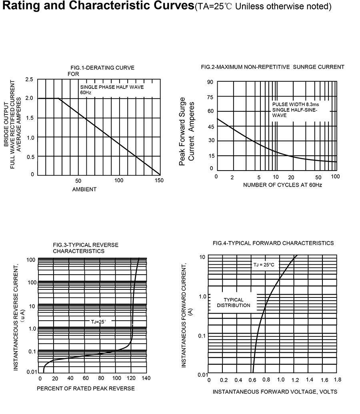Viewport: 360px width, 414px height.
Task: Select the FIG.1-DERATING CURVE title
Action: pyautogui.click(x=102, y=68)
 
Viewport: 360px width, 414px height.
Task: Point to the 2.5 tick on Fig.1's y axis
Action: pyautogui.click(x=29, y=79)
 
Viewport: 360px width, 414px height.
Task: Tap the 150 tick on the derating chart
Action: pyautogui.click(x=159, y=181)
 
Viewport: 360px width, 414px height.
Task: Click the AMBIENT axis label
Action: pyautogui.click(x=84, y=189)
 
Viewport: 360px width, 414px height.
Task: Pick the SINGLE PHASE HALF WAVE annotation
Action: pyautogui.click(x=112, y=87)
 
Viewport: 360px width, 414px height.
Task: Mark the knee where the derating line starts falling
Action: pyautogui.click(x=59, y=98)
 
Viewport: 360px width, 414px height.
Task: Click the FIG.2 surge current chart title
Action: pyautogui.click(x=272, y=67)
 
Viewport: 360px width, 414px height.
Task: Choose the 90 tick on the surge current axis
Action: pyautogui.click(x=210, y=82)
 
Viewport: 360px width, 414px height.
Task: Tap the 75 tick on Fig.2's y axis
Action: pyautogui.click(x=210, y=97)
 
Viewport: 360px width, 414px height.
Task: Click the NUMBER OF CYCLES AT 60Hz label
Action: pyautogui.click(x=282, y=185)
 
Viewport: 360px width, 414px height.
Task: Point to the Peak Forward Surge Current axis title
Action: pyautogui.click(x=187, y=131)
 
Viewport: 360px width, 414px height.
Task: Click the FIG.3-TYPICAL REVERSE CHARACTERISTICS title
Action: pyautogui.click(x=86, y=248)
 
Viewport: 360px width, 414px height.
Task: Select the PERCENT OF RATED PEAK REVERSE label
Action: pyautogui.click(x=86, y=388)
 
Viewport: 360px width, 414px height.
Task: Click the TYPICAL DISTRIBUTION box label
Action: pyautogui.click(x=233, y=302)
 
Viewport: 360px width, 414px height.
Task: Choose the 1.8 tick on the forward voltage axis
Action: pyautogui.click(x=337, y=380)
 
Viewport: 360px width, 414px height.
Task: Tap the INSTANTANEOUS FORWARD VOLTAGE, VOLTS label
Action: pyautogui.click(x=275, y=392)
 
